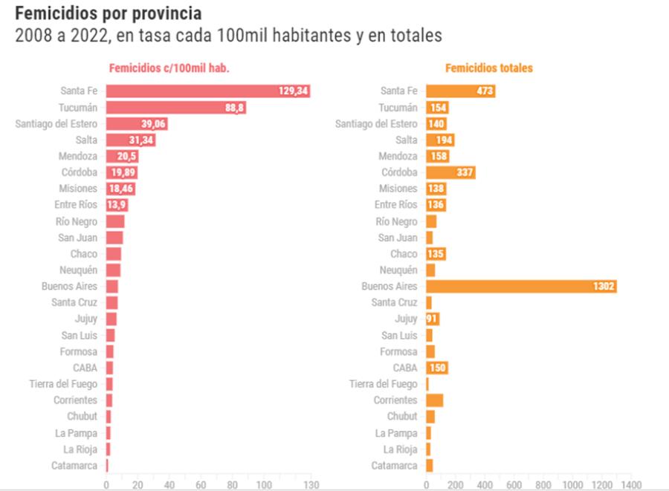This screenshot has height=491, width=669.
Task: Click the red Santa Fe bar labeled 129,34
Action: pyautogui.click(x=207, y=91)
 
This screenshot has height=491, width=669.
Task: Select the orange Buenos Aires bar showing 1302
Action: pyautogui.click(x=521, y=286)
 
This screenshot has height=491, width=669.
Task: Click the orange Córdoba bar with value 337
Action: pyautogui.click(x=450, y=172)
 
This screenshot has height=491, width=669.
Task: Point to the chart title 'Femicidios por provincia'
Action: pyautogui.click(x=108, y=13)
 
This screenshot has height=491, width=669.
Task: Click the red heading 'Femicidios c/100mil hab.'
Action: pyautogui.click(x=169, y=68)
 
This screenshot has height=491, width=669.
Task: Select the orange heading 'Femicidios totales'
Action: pyautogui.click(x=488, y=68)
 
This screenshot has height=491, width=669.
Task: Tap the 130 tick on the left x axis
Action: pyautogui.click(x=311, y=484)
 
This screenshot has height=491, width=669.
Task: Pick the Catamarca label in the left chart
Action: pyautogui.click(x=74, y=466)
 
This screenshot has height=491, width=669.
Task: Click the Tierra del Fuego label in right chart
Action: pyautogui.click(x=384, y=384)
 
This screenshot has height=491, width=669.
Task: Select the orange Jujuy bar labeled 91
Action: pyautogui.click(x=432, y=319)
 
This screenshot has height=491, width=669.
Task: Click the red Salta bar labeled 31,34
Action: pyautogui.click(x=131, y=140)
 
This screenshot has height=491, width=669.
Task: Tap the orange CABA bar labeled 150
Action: pyautogui.click(x=436, y=368)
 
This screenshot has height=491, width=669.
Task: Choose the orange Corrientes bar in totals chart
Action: pyautogui.click(x=434, y=400)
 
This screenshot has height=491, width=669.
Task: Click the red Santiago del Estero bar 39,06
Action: pyautogui.click(x=137, y=123)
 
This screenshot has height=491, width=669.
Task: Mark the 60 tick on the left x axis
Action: pyautogui.click(x=201, y=484)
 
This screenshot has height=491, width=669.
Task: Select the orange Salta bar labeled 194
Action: pyautogui.click(x=440, y=140)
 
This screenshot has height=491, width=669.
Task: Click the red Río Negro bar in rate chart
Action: pyautogui.click(x=115, y=221)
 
